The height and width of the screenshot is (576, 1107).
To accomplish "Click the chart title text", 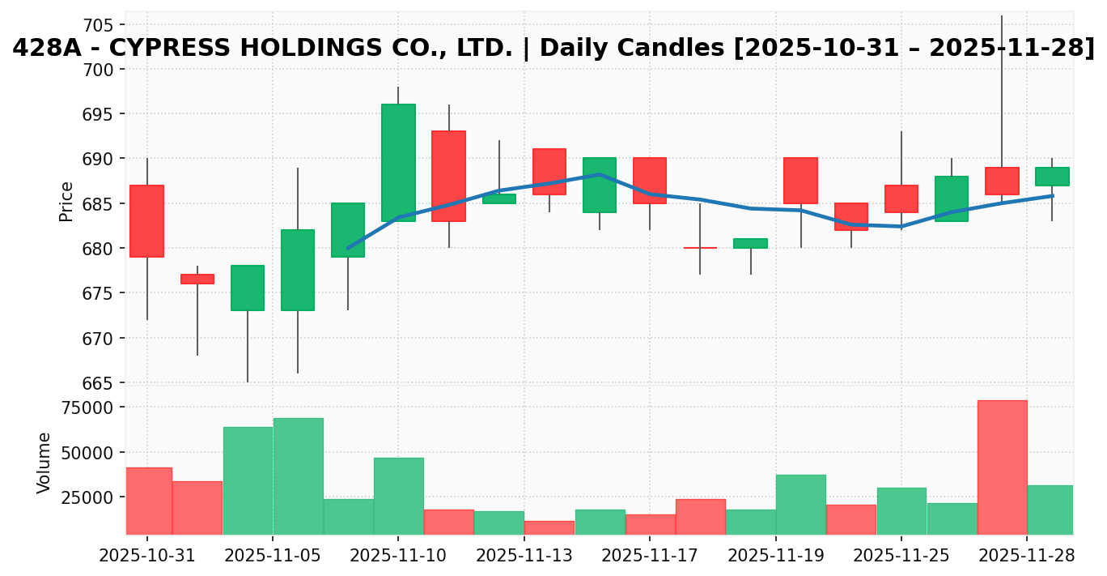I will point(553,49).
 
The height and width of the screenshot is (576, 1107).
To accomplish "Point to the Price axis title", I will point(67,201).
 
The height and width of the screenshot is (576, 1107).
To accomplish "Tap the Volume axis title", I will point(45,463).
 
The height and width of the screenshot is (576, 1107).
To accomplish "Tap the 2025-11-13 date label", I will point(524,557).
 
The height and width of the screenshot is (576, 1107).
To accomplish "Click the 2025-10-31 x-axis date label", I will point(147,557).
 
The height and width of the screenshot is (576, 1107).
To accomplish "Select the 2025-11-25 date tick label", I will point(901,557).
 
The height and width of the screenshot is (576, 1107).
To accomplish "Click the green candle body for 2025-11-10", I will point(398,162).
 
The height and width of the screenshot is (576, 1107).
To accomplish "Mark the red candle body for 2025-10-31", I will point(147,221).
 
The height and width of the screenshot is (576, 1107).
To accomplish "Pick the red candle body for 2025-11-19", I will point(800,181).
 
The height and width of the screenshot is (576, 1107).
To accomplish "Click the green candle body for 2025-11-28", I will point(1052,177).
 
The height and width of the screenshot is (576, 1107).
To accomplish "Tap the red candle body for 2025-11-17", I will point(650,181).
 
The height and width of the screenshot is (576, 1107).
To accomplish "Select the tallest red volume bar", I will point(1002,467).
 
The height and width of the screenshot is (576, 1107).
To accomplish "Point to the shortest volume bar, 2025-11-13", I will point(549,527).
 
